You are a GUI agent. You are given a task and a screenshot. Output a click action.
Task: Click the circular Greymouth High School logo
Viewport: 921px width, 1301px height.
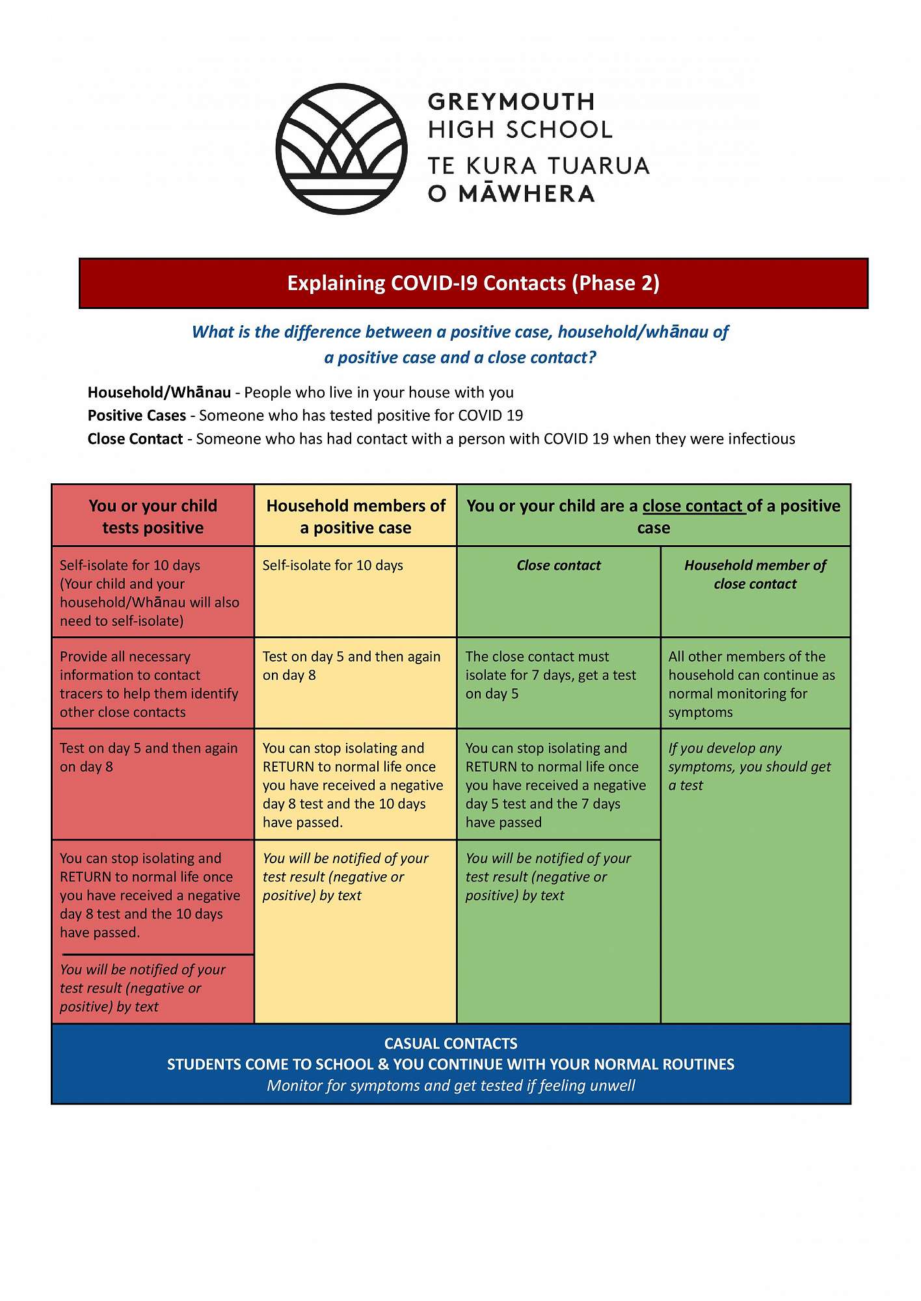coord(341,148)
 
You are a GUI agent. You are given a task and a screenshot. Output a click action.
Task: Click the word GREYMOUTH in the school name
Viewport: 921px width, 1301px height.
coord(511,102)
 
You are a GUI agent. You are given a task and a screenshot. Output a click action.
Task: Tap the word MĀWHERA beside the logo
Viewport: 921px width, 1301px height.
coord(526,194)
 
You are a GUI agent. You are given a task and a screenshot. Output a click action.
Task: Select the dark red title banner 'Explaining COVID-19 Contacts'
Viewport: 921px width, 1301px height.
coord(473,284)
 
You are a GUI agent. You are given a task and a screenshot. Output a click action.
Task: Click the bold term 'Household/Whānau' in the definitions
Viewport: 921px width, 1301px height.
coord(159,392)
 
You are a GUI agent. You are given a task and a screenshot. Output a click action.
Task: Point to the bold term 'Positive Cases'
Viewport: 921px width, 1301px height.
coord(137,416)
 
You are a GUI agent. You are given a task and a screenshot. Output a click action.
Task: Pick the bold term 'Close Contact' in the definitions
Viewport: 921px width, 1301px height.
coord(135,439)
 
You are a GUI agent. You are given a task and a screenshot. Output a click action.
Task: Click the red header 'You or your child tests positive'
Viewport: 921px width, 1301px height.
coord(153,516)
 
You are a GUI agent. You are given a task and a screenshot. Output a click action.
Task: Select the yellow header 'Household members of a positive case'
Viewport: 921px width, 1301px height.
coord(356,516)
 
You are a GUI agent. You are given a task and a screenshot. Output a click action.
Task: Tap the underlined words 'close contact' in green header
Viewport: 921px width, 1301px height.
coord(693,506)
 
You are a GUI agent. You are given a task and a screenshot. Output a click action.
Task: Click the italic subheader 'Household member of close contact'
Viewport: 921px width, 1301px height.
coord(754,574)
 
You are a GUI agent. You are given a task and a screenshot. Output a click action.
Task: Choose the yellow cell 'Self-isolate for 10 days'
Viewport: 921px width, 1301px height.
coord(332,565)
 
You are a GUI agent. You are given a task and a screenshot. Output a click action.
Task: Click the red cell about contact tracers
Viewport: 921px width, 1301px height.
coord(149,684)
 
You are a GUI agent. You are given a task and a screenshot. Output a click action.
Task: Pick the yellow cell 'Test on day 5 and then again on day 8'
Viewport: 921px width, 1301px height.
coord(351,665)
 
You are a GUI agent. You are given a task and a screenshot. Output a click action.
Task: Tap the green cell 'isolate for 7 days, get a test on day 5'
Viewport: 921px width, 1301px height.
coord(550,675)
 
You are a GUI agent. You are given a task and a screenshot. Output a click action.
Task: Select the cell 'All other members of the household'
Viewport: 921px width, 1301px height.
coord(751,684)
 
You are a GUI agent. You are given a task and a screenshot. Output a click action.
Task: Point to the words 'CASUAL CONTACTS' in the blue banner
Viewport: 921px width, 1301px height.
coord(451,1043)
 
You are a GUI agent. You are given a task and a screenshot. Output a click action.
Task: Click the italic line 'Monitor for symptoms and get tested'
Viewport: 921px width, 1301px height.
coord(451,1086)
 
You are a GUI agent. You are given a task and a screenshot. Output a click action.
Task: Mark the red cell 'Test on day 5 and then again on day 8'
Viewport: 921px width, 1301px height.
coord(148,757)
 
